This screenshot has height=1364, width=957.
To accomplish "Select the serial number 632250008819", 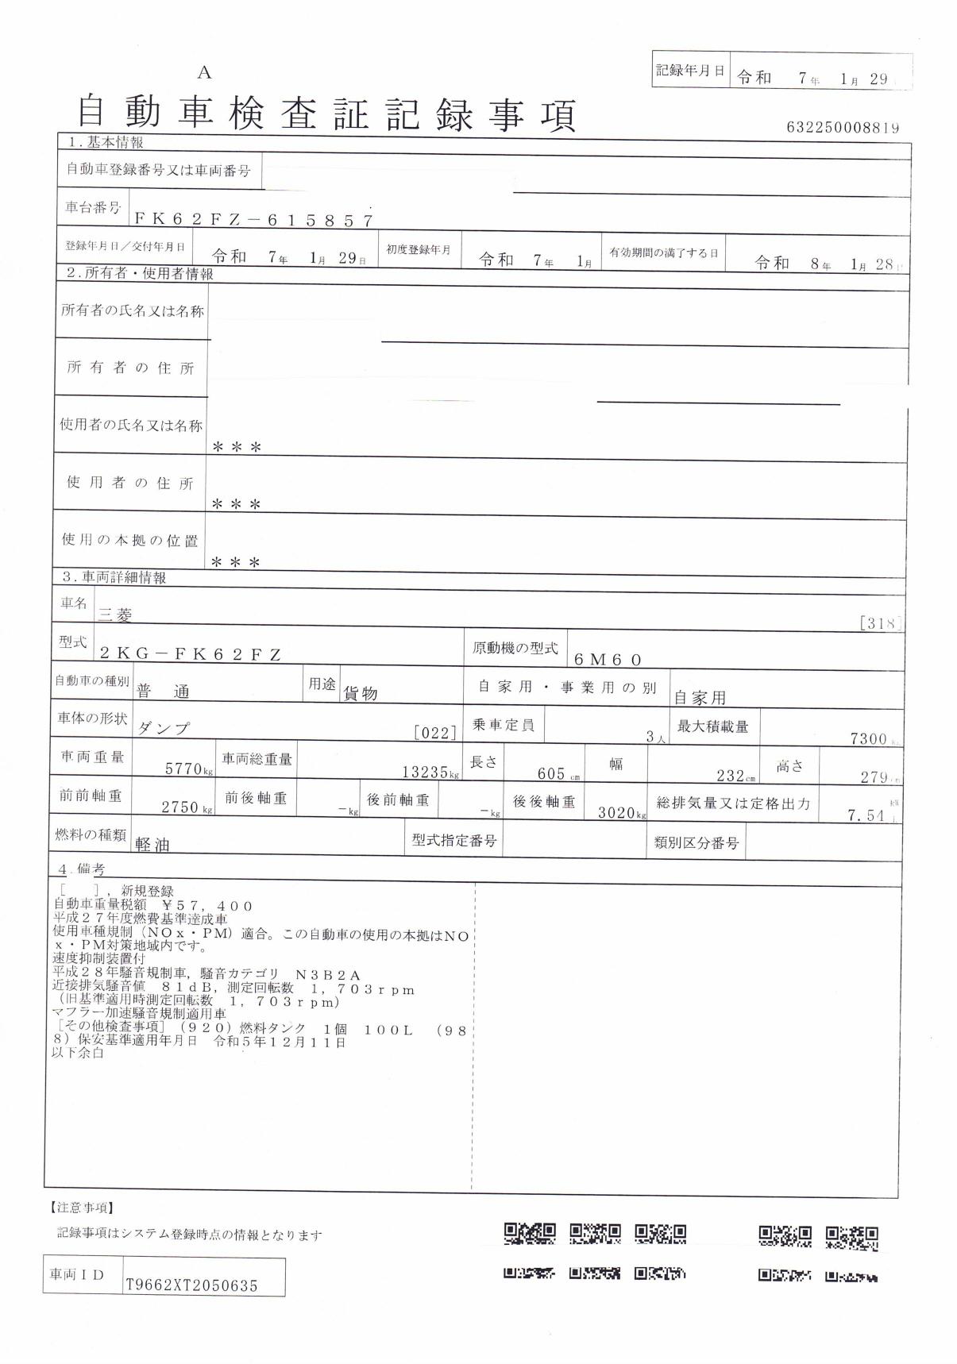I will (843, 127).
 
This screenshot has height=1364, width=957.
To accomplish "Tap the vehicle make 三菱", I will (115, 614).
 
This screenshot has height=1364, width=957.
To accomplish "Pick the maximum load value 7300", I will (867, 738).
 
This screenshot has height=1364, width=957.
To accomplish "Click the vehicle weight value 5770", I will (184, 769).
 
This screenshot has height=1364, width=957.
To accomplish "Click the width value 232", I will (730, 776).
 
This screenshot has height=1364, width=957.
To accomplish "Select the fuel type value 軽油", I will (152, 845).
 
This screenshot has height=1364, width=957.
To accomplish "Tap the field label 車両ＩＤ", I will (77, 1274).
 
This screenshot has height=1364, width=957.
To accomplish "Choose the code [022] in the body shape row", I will (435, 733).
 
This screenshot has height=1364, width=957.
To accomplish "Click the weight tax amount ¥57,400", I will (207, 906).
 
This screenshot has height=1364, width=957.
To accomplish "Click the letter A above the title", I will (205, 73).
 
